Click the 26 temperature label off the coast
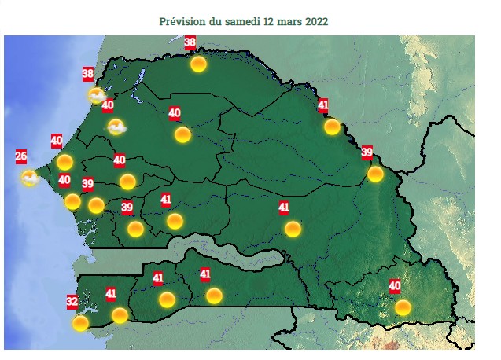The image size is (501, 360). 21,156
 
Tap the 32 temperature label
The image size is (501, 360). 72,301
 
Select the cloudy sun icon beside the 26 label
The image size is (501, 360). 30,178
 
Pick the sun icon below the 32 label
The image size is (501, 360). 80,323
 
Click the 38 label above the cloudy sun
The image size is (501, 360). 88,75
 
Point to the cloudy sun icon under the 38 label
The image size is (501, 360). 96,96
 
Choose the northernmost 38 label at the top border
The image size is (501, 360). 190,44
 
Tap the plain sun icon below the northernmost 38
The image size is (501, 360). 198,64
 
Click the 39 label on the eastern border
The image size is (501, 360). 367,152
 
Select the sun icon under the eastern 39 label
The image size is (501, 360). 375,174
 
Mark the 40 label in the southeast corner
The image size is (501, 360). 395,286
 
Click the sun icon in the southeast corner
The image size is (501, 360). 403,307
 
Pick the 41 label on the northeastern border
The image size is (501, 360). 323,105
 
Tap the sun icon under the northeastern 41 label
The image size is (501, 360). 332,127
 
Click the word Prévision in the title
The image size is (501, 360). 182,21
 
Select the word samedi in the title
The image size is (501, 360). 245,21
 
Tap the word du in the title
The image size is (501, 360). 217,21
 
